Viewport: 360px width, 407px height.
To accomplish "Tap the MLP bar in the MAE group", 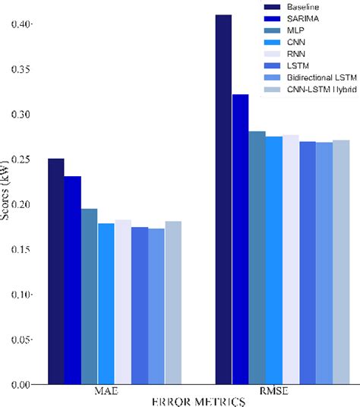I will coord(90,296).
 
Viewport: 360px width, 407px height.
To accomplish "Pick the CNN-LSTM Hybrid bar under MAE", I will coord(173,303).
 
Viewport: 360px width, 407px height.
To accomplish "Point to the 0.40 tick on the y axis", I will coord(21,24).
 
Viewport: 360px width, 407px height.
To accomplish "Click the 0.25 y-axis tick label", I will coord(21,159).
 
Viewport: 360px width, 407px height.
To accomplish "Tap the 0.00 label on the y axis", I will coord(21,385).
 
